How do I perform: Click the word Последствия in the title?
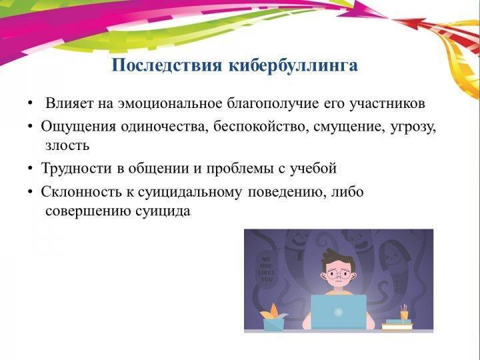pos(167,65)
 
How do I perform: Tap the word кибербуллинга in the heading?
pos(293,65)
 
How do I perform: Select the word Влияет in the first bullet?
pos(69,103)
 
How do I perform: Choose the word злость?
pos(67,145)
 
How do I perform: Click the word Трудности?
pos(76,169)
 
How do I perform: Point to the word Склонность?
pos(79,192)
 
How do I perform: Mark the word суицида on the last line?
pos(163,211)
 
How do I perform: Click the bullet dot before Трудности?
pos(30,169)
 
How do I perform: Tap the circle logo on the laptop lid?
pos(339,312)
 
